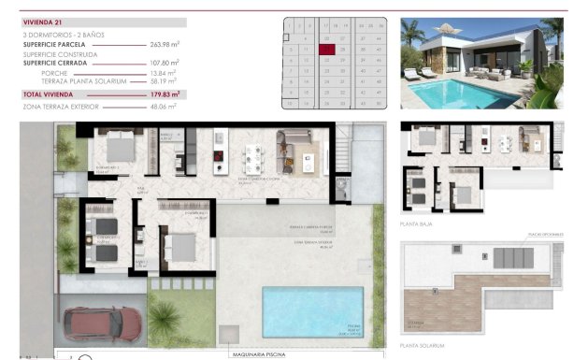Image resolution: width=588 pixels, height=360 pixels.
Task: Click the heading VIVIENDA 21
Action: pyautogui.click(x=42, y=22)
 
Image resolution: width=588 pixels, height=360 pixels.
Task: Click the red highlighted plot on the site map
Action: pyautogui.click(x=327, y=49)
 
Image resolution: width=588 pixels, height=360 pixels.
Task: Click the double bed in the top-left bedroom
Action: pyautogui.click(x=120, y=148)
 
